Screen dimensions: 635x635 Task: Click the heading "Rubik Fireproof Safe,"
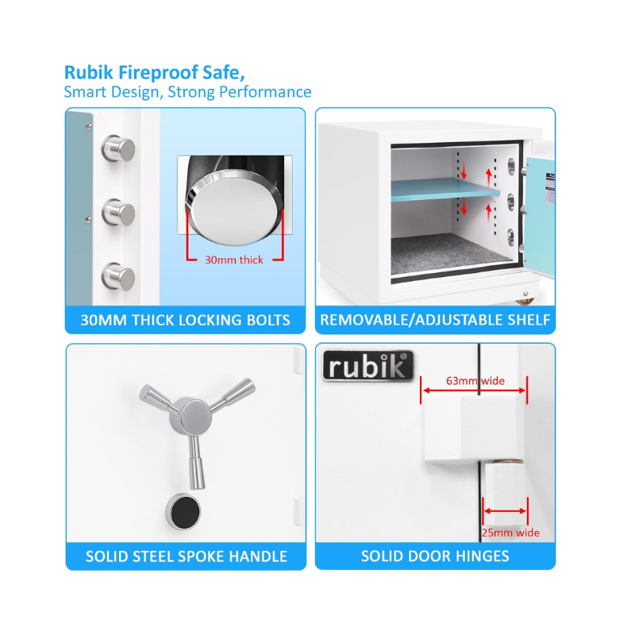click(154, 73)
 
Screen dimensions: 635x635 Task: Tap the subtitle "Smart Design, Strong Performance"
click(187, 92)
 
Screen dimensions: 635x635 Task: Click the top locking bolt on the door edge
click(118, 148)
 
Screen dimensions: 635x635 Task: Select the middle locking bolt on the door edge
click(118, 212)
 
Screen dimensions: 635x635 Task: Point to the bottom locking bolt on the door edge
click(118, 276)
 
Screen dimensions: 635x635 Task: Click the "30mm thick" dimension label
click(234, 260)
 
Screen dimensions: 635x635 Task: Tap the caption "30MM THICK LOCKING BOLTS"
click(185, 320)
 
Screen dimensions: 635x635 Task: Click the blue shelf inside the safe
click(445, 190)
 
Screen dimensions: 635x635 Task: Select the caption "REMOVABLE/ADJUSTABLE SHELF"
click(435, 320)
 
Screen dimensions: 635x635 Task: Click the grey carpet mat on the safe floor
click(449, 253)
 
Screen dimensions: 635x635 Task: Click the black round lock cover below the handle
click(183, 511)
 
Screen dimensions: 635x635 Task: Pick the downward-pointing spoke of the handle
click(197, 463)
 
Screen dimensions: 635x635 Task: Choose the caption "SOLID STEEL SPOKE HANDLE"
click(187, 556)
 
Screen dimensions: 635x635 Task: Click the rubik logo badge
click(368, 366)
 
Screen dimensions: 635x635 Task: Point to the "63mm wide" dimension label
click(475, 381)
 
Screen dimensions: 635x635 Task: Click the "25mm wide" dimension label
click(510, 533)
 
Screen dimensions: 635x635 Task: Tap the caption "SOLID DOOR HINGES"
click(435, 556)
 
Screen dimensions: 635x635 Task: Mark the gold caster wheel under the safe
click(525, 302)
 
